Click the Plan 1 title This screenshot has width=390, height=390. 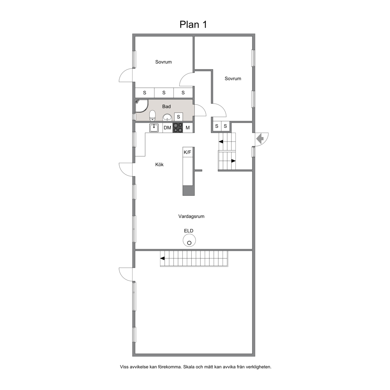click(193, 25)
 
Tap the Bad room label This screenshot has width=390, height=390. click(167, 106)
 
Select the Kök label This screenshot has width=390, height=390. click(159, 165)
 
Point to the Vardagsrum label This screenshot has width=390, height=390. click(191, 216)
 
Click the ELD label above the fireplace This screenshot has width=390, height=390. click(189, 231)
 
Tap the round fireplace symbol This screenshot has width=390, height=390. click(189, 241)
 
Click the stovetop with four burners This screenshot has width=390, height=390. click(178, 128)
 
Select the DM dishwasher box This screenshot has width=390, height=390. click(167, 128)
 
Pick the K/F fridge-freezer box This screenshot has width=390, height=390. click(188, 152)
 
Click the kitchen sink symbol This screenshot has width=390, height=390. click(154, 128)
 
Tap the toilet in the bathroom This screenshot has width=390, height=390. click(152, 116)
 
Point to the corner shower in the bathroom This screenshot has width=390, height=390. click(141, 106)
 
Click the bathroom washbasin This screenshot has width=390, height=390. click(167, 117)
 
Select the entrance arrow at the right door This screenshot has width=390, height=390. click(260, 138)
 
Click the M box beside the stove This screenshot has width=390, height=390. click(188, 128)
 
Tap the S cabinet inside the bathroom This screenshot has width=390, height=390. click(178, 117)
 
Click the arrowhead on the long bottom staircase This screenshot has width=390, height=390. click(162, 258)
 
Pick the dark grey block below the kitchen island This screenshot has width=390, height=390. click(189, 191)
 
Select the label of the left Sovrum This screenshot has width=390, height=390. click(164, 62)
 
